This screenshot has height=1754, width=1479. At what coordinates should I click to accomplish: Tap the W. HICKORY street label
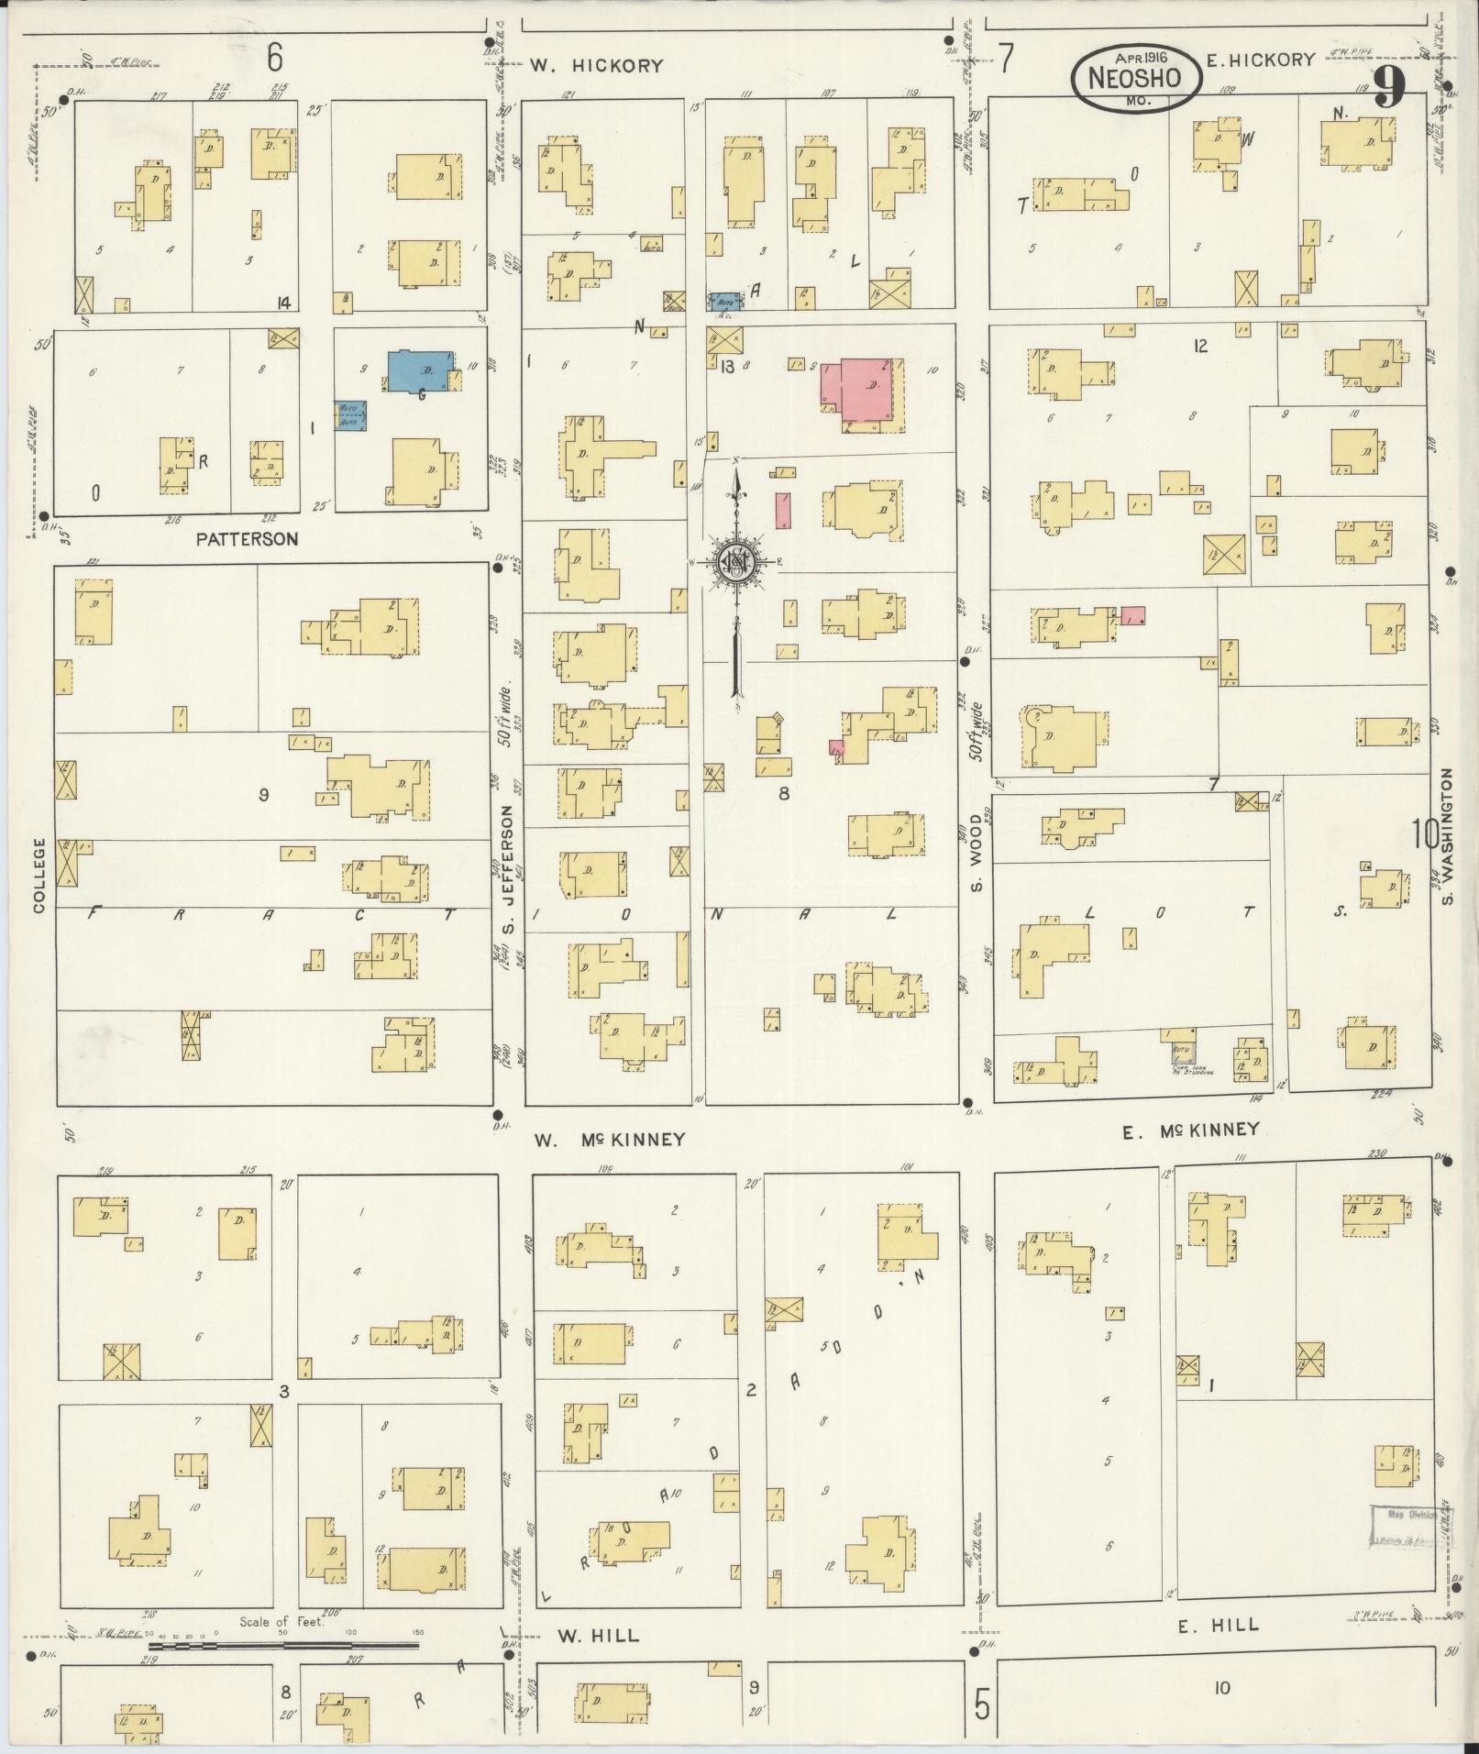[x=596, y=65]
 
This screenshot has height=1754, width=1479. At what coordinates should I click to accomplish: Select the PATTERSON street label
[x=248, y=539]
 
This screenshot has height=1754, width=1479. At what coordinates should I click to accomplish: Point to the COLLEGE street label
[x=39, y=875]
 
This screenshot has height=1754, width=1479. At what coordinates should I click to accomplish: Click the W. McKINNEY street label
[x=610, y=1140]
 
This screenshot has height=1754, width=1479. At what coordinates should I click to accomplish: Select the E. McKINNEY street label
[x=1191, y=1131]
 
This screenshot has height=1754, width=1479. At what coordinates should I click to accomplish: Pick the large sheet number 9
[x=1391, y=89]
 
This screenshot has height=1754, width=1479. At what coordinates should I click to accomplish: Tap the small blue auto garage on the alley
[x=726, y=300]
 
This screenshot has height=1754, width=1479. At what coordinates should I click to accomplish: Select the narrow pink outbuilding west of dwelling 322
[x=783, y=510]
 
